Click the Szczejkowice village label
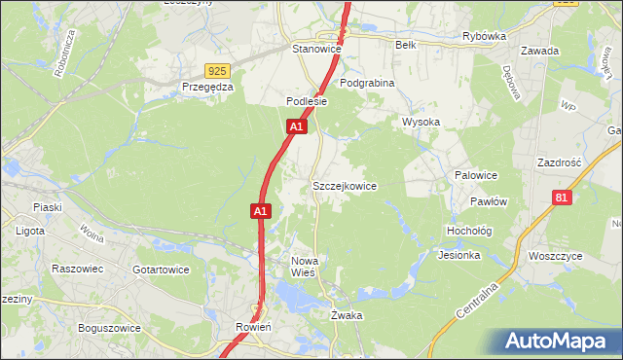tap(344, 185)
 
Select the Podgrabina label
tap(367, 83)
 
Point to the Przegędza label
tap(207, 87)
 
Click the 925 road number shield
tap(217, 70)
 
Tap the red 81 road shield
tap(561, 198)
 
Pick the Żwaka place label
tap(347, 315)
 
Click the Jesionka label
tap(459, 256)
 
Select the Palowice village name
tap(476, 175)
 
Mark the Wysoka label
tap(421, 122)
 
